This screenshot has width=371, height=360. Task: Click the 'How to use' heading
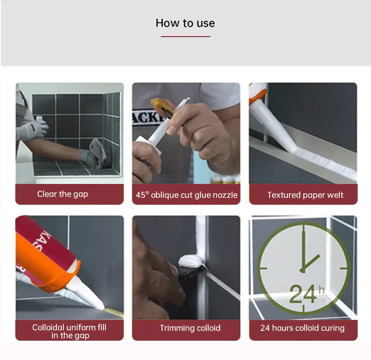185,23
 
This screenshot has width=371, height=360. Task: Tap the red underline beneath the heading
185,37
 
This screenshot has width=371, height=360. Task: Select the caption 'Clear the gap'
62,194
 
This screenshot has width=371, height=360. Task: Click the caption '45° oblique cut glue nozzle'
186,195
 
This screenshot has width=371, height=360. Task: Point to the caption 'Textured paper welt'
305,195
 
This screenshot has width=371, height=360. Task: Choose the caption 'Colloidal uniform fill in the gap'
69,331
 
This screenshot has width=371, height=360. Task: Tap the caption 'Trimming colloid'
190,328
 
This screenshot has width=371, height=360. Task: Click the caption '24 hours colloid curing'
302,328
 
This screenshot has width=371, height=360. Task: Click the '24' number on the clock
303,294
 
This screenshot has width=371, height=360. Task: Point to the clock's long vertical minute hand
304,247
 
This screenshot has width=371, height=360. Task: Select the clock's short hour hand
311,263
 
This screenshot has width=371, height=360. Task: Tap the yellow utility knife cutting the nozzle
163,107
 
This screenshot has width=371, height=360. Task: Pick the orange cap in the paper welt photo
257,96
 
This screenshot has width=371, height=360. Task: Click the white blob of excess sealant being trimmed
191,261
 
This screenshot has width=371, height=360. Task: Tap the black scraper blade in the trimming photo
190,272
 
